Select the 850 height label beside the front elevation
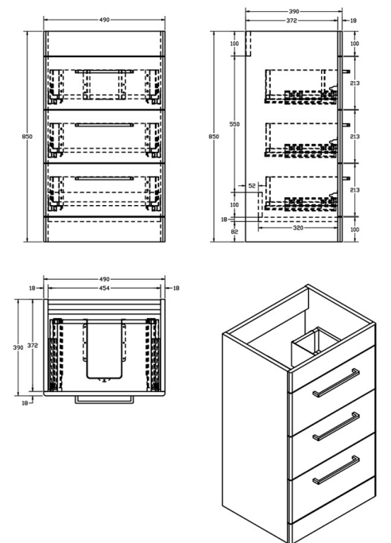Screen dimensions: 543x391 (27, 137)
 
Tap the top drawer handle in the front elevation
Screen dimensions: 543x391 (103, 72)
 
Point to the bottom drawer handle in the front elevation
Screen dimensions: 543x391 (103, 178)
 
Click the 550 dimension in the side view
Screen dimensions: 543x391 (235, 125)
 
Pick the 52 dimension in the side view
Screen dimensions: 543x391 (253, 186)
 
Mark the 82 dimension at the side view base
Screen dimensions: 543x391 (235, 230)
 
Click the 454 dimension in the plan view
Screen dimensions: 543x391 (103, 288)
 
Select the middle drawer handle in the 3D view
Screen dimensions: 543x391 (335, 427)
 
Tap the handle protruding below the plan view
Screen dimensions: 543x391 (103, 399)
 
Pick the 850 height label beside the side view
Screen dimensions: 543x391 (215, 137)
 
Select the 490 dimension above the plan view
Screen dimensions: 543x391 (103, 279)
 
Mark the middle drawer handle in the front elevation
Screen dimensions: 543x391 (103, 125)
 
